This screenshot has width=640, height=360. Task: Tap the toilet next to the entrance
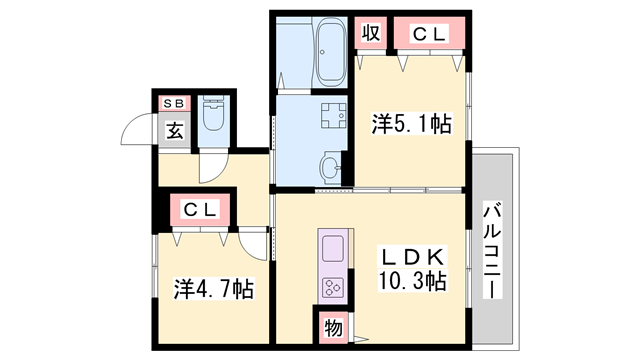point(212,119)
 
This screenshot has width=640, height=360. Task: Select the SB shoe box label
point(173,102)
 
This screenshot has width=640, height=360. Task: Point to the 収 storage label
point(370,34)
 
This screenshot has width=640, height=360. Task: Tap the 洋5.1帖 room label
point(411,124)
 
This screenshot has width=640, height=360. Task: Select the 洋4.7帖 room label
point(213,290)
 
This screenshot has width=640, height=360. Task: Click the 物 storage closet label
point(332,326)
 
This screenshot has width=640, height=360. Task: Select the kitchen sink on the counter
point(332,247)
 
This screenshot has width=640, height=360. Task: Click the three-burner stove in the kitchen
point(332,287)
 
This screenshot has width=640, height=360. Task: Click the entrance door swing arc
point(132,130)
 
